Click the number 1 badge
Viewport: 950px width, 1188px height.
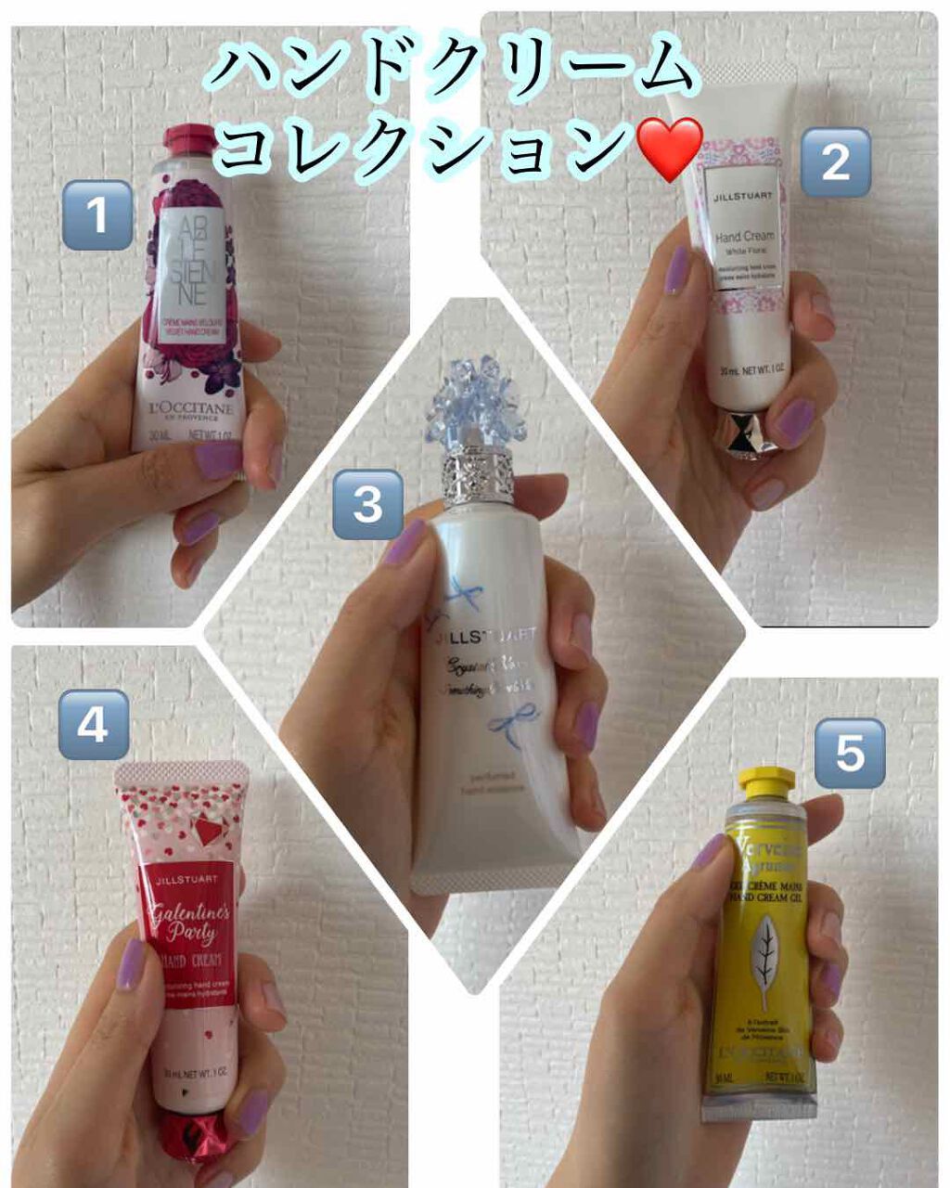point(97,215)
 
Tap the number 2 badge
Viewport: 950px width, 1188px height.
point(835,161)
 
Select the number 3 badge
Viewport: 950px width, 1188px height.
point(367,505)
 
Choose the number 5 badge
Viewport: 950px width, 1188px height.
point(849,753)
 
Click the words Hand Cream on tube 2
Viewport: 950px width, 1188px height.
point(747,238)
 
